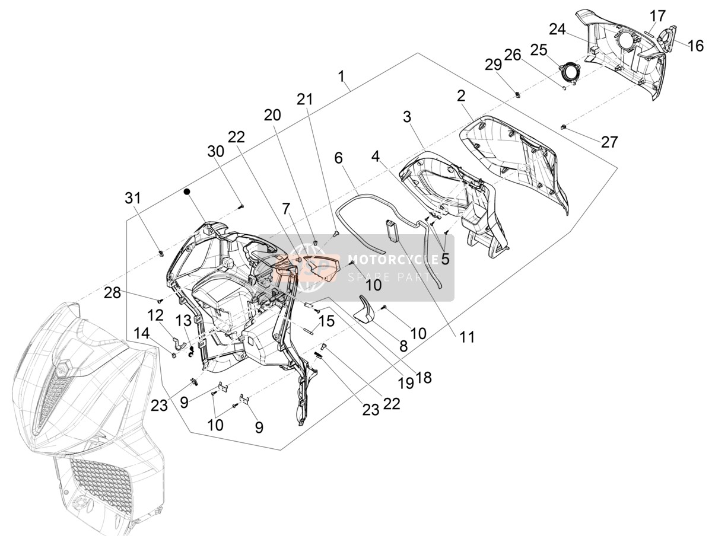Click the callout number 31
[x=133, y=198]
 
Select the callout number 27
[x=609, y=142]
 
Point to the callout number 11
[x=467, y=337]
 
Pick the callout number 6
[x=338, y=158]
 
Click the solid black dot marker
[x=186, y=192]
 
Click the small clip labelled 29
[x=517, y=95]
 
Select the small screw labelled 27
[x=563, y=127]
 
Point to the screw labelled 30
[x=241, y=206]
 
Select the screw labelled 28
[x=160, y=301]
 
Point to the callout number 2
[x=461, y=96]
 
